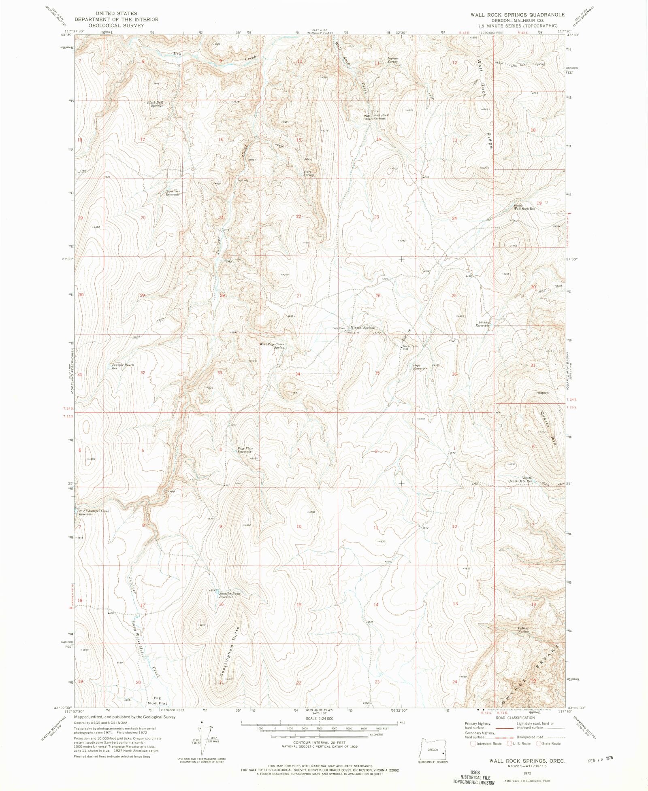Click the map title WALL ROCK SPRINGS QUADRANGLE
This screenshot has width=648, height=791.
517,15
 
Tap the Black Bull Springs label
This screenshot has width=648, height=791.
155,104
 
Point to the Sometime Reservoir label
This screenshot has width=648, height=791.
173,193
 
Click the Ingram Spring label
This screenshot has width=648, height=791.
393,60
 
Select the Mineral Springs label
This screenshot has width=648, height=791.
362,327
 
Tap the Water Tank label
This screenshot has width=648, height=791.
409,346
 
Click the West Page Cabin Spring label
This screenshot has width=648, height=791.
272,346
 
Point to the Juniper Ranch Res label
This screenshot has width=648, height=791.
122,366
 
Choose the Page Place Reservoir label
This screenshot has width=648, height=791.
245,450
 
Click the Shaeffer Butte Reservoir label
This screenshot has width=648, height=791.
230,595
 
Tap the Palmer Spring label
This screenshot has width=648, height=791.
523,630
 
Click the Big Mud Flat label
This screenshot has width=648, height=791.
157,701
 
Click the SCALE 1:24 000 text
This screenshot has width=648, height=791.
320,718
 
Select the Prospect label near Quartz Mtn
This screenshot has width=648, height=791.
542,393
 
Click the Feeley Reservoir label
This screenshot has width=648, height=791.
482,324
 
